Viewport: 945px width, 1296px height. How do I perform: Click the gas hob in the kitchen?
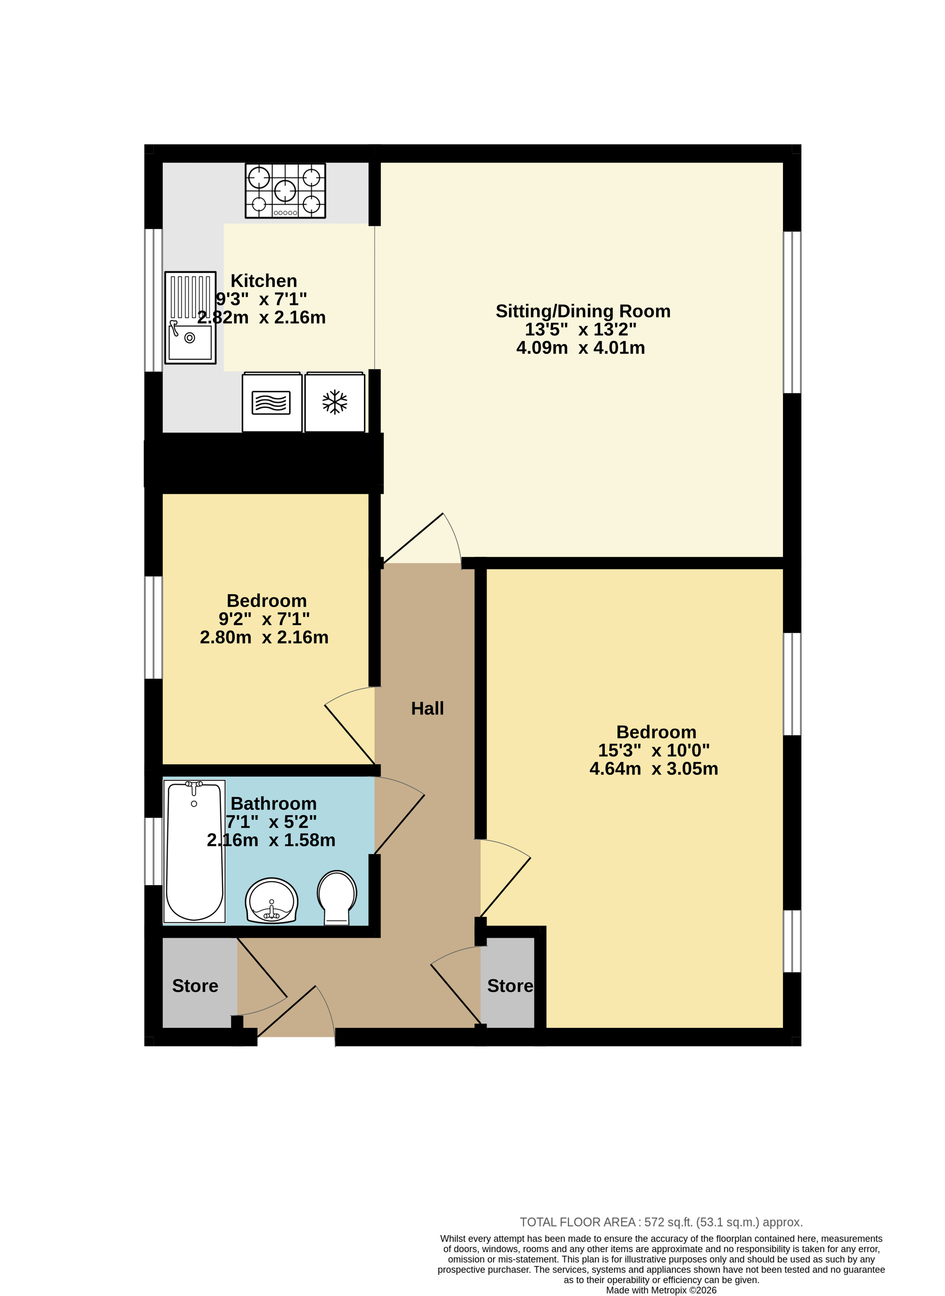pyautogui.click(x=285, y=191)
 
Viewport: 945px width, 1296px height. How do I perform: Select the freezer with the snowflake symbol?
pyautogui.click(x=335, y=402)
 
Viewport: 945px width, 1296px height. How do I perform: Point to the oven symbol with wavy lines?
pyautogui.click(x=272, y=402)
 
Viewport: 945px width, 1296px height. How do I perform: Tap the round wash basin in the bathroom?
pyautogui.click(x=272, y=901)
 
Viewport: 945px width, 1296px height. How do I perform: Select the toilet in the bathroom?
pyautogui.click(x=337, y=897)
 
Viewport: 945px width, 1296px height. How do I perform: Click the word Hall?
pyautogui.click(x=427, y=709)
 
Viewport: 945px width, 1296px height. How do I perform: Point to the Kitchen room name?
pyautogui.click(x=264, y=281)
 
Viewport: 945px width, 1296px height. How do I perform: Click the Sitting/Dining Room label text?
pyautogui.click(x=583, y=311)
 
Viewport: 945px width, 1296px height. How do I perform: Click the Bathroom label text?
pyautogui.click(x=273, y=804)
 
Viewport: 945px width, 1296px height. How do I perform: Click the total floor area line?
pyautogui.click(x=661, y=1222)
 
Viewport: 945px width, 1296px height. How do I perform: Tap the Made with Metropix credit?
pyautogui.click(x=661, y=1290)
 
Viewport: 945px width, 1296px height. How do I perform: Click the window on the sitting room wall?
pyautogui.click(x=792, y=312)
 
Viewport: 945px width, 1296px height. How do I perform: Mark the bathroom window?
pyautogui.click(x=153, y=851)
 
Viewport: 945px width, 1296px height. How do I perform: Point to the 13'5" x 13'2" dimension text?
pyautogui.click(x=581, y=329)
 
